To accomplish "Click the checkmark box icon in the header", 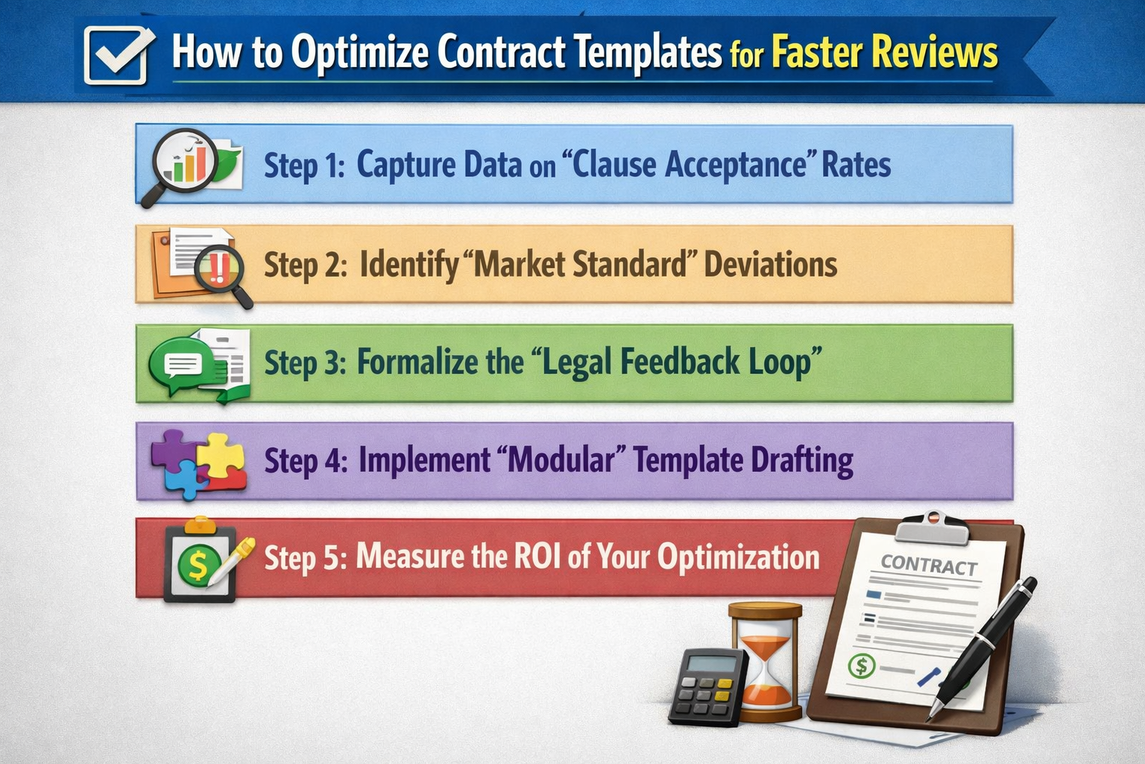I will (118, 54).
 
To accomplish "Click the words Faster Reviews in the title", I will (884, 53).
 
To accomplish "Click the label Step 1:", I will (304, 165).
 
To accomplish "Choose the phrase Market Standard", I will (580, 264).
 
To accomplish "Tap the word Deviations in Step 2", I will (770, 264).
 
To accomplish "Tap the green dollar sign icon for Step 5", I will (197, 566).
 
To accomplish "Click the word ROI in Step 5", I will (537, 557).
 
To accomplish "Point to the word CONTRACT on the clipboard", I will (929, 566).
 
